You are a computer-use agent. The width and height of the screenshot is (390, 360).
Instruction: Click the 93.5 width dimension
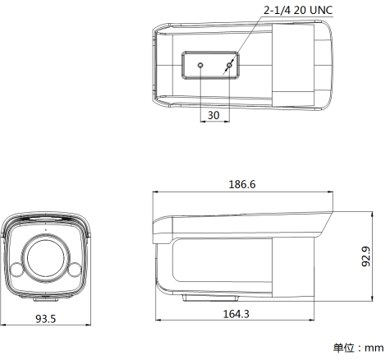pyautogui.click(x=45, y=318)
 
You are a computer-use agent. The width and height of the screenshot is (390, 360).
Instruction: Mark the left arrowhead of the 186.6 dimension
pyautogui.click(x=157, y=192)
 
